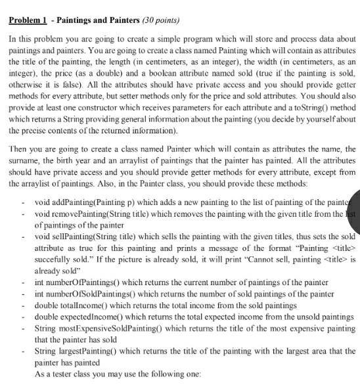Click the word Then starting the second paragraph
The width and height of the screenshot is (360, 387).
(18, 150)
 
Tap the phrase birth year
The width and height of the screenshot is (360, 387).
(67, 160)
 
